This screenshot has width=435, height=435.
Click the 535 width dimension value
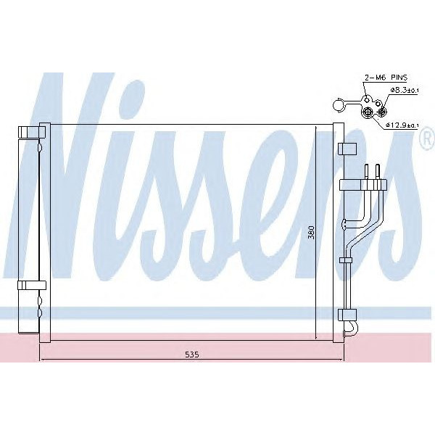[191, 354]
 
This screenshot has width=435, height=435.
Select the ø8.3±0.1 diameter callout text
[402, 91]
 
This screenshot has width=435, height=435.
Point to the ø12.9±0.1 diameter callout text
[401, 125]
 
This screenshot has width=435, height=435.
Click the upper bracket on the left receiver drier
[32, 132]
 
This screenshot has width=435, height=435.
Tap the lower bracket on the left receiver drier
[32, 284]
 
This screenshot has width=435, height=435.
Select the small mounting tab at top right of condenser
[347, 148]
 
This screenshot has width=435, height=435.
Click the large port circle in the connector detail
[368, 112]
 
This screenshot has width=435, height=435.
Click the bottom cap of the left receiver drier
[31, 330]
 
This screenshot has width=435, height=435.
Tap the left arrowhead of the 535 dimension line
[42, 360]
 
